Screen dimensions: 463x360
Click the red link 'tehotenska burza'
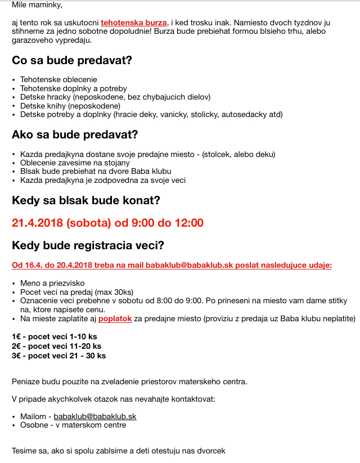[x=133, y=23]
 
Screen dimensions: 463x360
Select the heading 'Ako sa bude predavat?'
[x=75, y=135]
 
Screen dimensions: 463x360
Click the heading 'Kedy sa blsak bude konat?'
[x=86, y=200]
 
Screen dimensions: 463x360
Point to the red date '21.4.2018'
[x=37, y=223]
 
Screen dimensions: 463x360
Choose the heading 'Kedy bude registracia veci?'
[x=88, y=245]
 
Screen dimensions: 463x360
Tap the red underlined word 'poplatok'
[x=115, y=318]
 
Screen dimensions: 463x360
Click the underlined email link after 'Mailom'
[x=95, y=416]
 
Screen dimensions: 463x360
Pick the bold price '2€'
[x=17, y=346]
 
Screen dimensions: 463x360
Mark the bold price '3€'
[x=17, y=356]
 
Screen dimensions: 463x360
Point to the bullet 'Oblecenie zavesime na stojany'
[x=75, y=163]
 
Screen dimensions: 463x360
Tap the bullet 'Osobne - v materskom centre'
[x=73, y=425]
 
